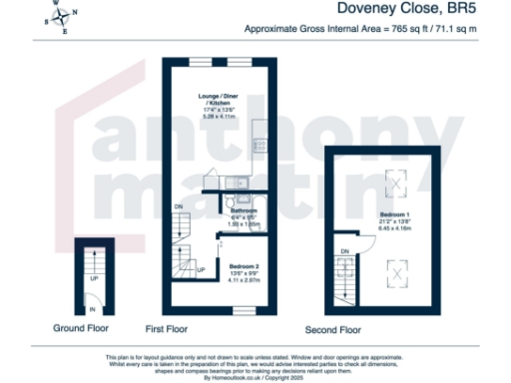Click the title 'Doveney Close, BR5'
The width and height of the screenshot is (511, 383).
[x=419, y=11]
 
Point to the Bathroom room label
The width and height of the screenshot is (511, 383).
[x=244, y=211]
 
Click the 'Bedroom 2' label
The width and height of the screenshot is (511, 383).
[x=245, y=267]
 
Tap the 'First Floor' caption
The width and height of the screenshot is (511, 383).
[x=168, y=327]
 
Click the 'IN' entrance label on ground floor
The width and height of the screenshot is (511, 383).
[x=94, y=310]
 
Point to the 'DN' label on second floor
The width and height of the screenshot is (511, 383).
[x=344, y=250]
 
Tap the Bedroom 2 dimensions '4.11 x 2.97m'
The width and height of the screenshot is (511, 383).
[x=245, y=282]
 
